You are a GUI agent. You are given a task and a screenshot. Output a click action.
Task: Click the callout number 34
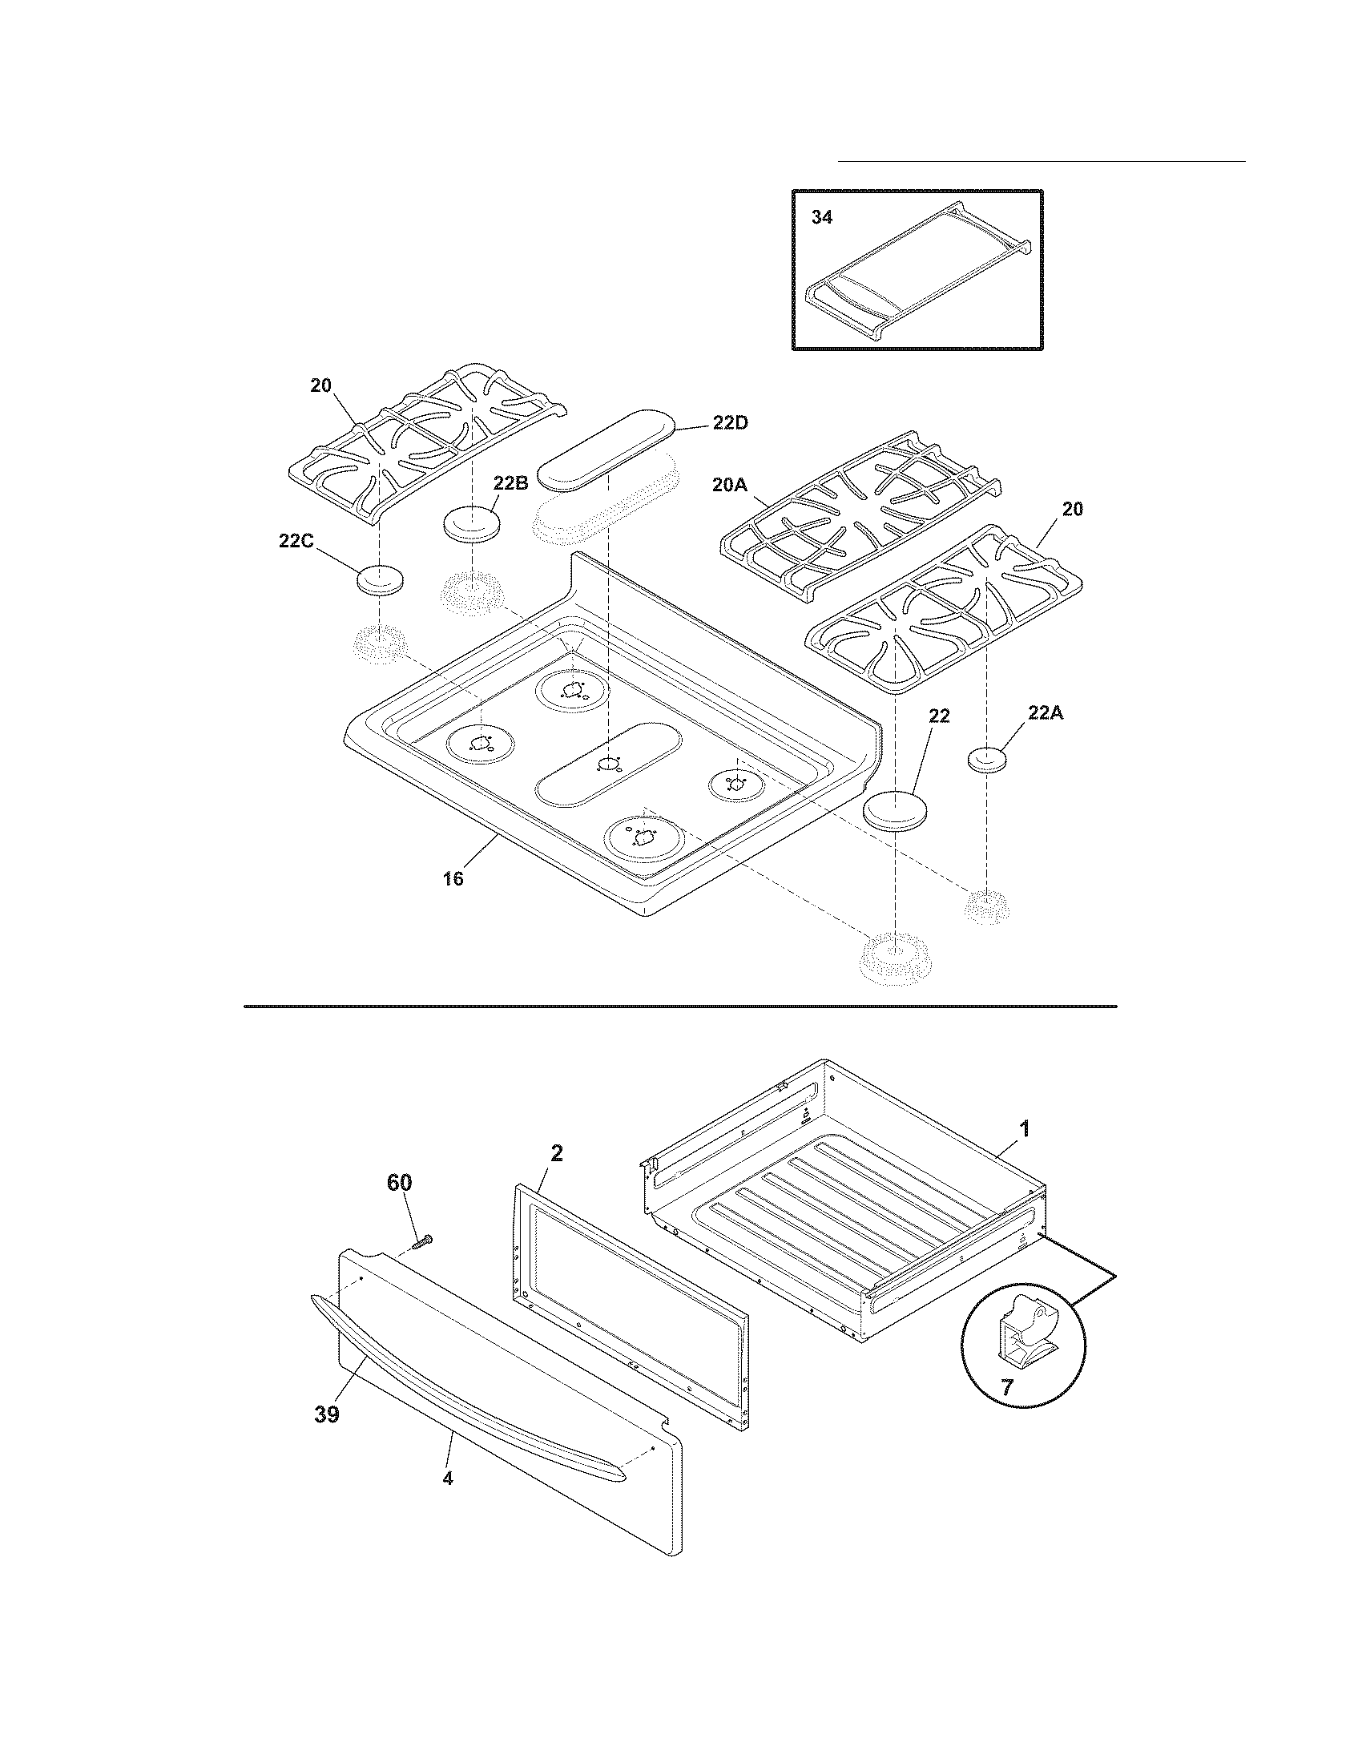[821, 217]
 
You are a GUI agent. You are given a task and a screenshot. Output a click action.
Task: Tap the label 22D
[729, 423]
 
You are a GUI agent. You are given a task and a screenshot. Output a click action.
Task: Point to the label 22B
[511, 483]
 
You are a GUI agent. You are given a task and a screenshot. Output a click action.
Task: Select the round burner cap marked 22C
[379, 580]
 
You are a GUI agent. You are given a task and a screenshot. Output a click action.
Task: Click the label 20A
[731, 485]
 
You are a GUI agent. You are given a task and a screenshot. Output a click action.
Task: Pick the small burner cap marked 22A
[987, 760]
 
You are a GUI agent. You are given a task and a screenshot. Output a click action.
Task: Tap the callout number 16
[453, 879]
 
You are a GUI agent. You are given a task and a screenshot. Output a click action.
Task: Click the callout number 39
[327, 1415]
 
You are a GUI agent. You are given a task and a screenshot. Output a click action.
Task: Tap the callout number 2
[556, 1153]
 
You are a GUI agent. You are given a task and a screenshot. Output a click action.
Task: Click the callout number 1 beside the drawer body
[1024, 1129]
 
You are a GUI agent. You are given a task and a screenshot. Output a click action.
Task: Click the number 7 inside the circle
[1006, 1388]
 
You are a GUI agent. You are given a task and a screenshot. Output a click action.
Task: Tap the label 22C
[296, 542]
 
